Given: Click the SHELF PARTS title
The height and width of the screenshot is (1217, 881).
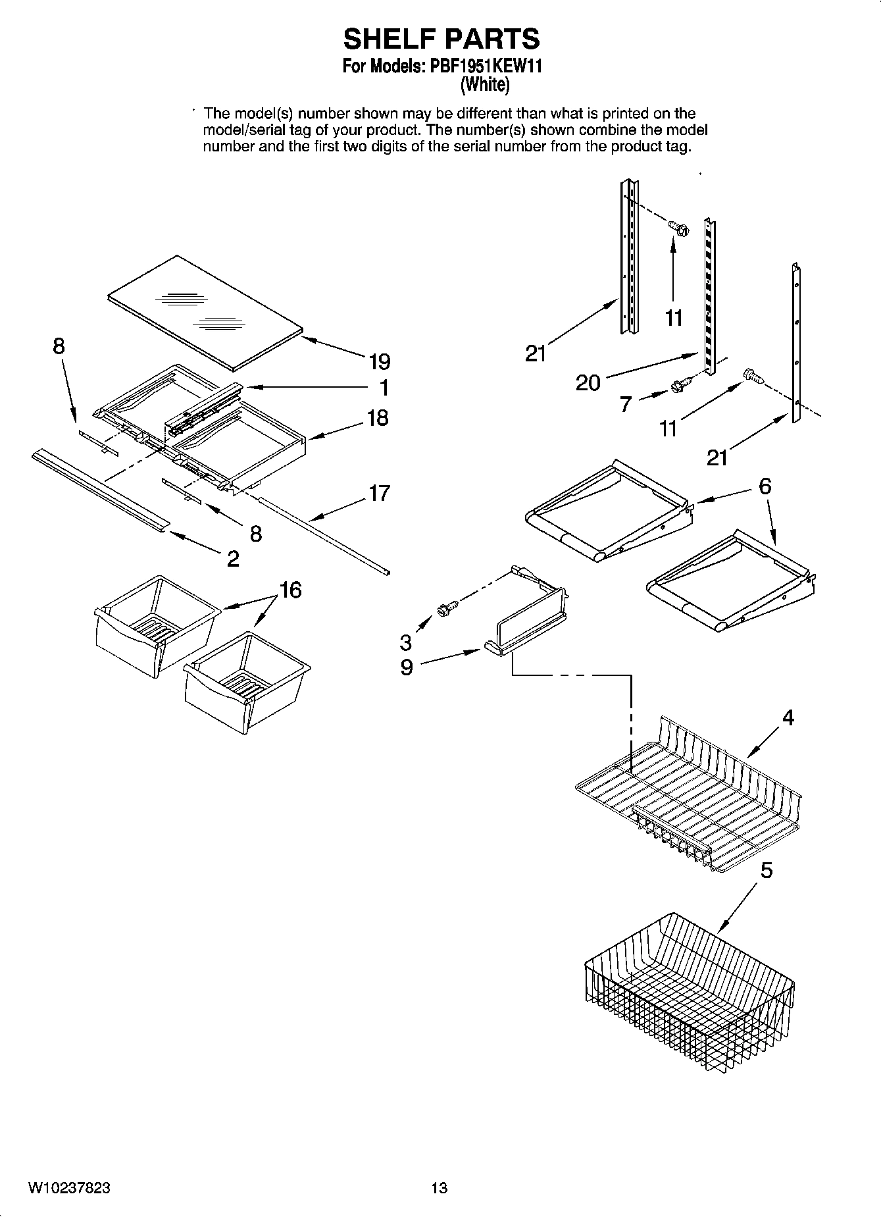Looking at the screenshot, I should coord(441,39).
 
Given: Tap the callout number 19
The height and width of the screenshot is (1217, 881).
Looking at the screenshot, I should coord(379,362).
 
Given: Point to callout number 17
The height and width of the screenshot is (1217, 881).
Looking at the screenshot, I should coord(379,492).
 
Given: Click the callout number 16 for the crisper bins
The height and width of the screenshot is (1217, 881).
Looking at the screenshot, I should coord(290,590).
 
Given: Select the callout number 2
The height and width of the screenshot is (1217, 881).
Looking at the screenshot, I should coord(233,559).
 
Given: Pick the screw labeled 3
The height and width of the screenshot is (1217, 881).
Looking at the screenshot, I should coord(444,609).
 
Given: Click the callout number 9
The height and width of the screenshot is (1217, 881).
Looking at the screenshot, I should coord(407,667).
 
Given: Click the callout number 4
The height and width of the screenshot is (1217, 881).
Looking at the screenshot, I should coord(788,717).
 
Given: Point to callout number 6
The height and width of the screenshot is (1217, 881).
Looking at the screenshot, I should coord(765,486).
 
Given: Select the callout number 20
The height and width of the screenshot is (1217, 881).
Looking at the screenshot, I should coord(588,382).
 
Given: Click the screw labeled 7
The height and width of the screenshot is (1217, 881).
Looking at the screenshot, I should coord(681,385).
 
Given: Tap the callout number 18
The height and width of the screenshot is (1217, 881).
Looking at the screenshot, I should coord(378,418).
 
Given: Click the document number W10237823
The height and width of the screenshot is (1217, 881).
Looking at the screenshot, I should coord(68,1187).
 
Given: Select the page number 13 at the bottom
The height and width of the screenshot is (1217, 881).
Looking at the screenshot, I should coord(439,1187).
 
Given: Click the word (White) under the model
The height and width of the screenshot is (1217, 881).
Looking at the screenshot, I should coord(484,84).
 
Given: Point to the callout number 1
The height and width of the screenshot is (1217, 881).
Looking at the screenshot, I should coord(384,388).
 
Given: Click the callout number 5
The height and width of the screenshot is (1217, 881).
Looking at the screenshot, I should coord(767,871).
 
